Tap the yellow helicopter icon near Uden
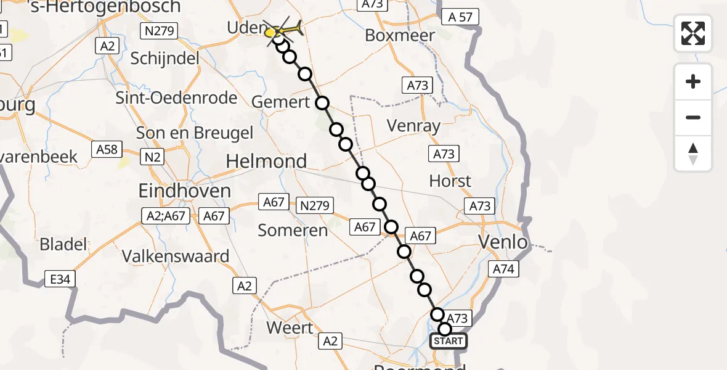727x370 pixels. pos(285,30)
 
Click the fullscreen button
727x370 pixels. pos(693,33)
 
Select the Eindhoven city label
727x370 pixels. pos(184,191)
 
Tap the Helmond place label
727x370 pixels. pos(266,162)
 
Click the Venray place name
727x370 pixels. pos(413,126)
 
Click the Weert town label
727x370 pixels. pos(290,327)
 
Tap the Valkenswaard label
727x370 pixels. pos(176,256)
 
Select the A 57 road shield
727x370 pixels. pos(460,17)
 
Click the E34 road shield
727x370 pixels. pos(60,279)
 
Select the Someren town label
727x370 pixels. pos(293,231)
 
